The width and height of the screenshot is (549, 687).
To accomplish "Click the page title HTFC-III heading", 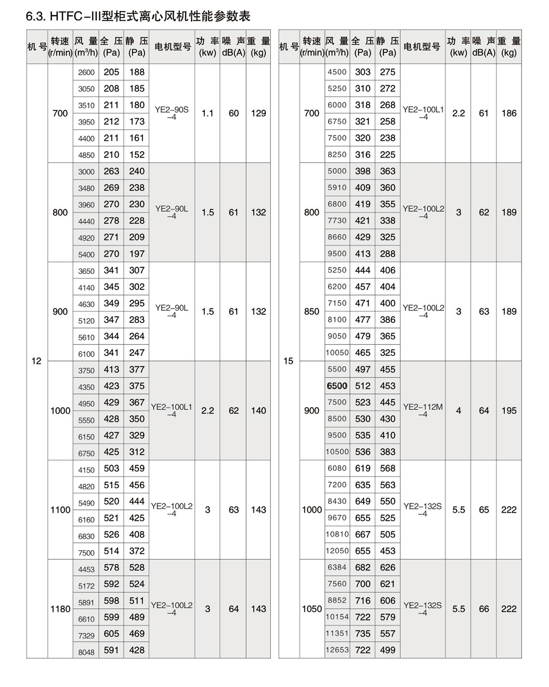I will click(x=138, y=17).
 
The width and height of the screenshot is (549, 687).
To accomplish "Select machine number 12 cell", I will click(x=37, y=361).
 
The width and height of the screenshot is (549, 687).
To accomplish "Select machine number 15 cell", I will click(x=288, y=361).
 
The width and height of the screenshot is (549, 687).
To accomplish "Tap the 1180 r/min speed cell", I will click(x=60, y=609).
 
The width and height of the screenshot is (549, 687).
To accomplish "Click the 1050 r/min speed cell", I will click(x=312, y=609).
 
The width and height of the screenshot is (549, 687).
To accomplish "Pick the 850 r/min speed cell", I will click(x=312, y=311).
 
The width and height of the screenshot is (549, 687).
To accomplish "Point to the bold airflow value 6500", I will click(x=337, y=386).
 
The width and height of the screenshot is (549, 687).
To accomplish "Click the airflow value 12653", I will click(x=337, y=650).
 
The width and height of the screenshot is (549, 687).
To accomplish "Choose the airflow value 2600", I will click(x=86, y=72).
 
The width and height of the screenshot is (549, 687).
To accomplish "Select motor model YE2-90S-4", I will click(x=172, y=113).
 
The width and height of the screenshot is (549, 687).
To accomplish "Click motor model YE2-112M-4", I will click(x=423, y=410).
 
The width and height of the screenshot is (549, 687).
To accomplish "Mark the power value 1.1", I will click(x=208, y=113).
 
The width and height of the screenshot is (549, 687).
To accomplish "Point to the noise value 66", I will click(x=484, y=609).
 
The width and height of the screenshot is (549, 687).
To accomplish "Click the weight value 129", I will click(x=258, y=113).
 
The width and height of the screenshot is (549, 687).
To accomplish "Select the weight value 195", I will click(x=509, y=410).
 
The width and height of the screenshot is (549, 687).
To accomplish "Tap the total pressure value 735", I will click(x=363, y=633).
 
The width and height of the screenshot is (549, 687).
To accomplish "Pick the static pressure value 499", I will click(x=388, y=650).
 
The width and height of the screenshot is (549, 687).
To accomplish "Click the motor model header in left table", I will click(x=172, y=47).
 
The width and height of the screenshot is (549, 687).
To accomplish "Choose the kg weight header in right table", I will click(x=509, y=47).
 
